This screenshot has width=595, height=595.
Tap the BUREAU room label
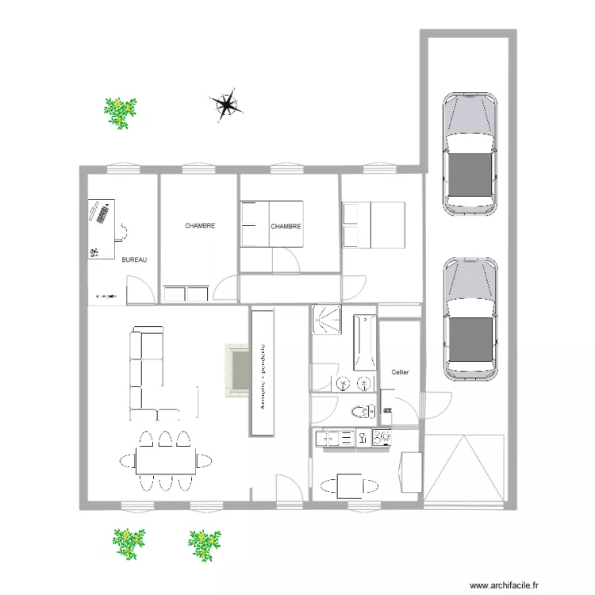134,259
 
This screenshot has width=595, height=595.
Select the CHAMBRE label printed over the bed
286,226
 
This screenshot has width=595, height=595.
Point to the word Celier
400,372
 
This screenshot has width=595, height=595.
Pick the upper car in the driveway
470,154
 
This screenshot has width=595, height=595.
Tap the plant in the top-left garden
121,112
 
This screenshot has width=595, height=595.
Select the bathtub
364,342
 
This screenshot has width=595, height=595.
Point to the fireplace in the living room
236,369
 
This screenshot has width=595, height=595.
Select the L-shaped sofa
147,373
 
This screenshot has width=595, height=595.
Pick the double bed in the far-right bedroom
374,225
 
